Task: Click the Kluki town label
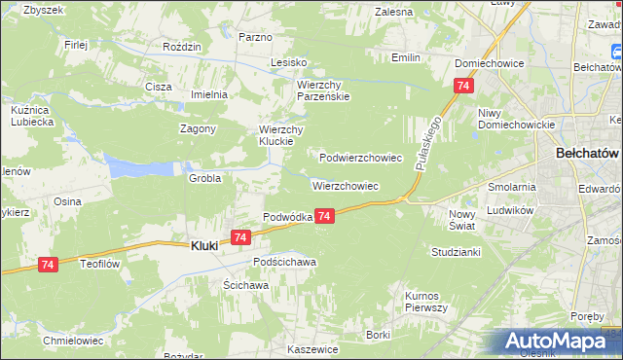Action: (201, 246)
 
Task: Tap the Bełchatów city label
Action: (588, 154)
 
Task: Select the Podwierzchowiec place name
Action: (361, 157)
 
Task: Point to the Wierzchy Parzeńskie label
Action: (323, 90)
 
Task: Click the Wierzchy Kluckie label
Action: (282, 136)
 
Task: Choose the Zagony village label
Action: (198, 128)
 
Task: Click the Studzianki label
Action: (456, 252)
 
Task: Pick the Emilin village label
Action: (406, 58)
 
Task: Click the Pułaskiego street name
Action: (428, 142)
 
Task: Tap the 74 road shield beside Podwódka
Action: (325, 216)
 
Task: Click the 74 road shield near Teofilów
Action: (48, 264)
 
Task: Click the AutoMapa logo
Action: (560, 342)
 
